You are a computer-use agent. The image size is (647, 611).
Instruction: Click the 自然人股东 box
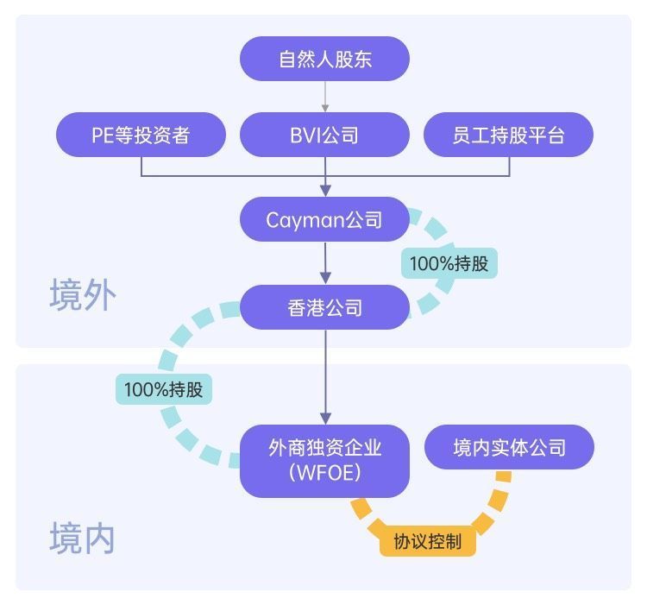click(x=324, y=59)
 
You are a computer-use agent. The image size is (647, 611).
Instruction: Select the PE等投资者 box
click(x=141, y=135)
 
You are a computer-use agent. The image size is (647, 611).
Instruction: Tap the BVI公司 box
click(x=324, y=135)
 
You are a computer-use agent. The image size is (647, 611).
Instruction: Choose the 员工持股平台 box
click(x=508, y=135)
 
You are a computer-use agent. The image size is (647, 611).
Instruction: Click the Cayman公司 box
click(x=324, y=219)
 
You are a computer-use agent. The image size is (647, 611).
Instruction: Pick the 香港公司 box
click(x=324, y=307)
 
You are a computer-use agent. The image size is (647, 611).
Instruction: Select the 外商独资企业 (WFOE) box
click(x=324, y=460)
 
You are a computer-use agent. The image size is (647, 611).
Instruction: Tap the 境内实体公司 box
click(x=509, y=448)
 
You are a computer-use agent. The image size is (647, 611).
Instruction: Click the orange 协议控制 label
click(x=427, y=541)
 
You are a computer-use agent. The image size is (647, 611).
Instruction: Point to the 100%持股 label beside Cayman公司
click(x=449, y=263)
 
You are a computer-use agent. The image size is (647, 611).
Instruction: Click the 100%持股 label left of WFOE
click(x=163, y=389)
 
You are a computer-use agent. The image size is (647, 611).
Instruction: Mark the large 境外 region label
click(x=83, y=295)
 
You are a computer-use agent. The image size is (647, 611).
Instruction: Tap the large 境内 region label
click(x=83, y=539)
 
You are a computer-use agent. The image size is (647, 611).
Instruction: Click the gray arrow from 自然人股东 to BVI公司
click(x=325, y=97)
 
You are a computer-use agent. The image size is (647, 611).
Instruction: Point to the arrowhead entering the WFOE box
click(x=325, y=417)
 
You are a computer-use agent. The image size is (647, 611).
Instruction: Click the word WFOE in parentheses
click(x=324, y=474)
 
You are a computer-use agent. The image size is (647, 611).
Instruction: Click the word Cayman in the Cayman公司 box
click(x=305, y=219)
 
